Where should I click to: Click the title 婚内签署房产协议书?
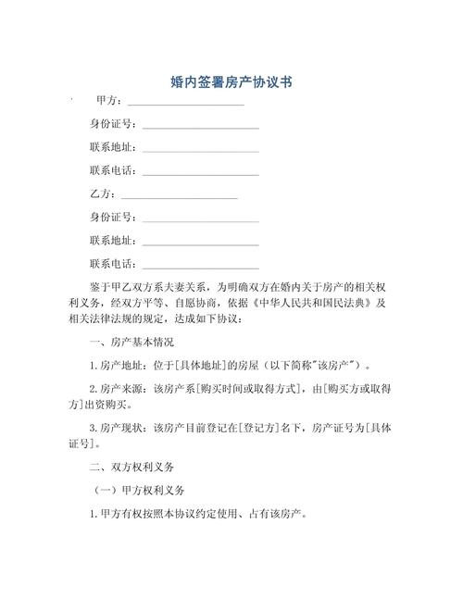(231, 82)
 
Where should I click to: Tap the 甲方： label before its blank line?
(107, 101)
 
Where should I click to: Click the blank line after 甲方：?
(185, 103)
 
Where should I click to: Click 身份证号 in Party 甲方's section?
(113, 124)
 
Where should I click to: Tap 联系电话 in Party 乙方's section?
(113, 264)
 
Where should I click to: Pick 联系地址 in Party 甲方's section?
(113, 147)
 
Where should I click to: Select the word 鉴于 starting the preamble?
(99, 287)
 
